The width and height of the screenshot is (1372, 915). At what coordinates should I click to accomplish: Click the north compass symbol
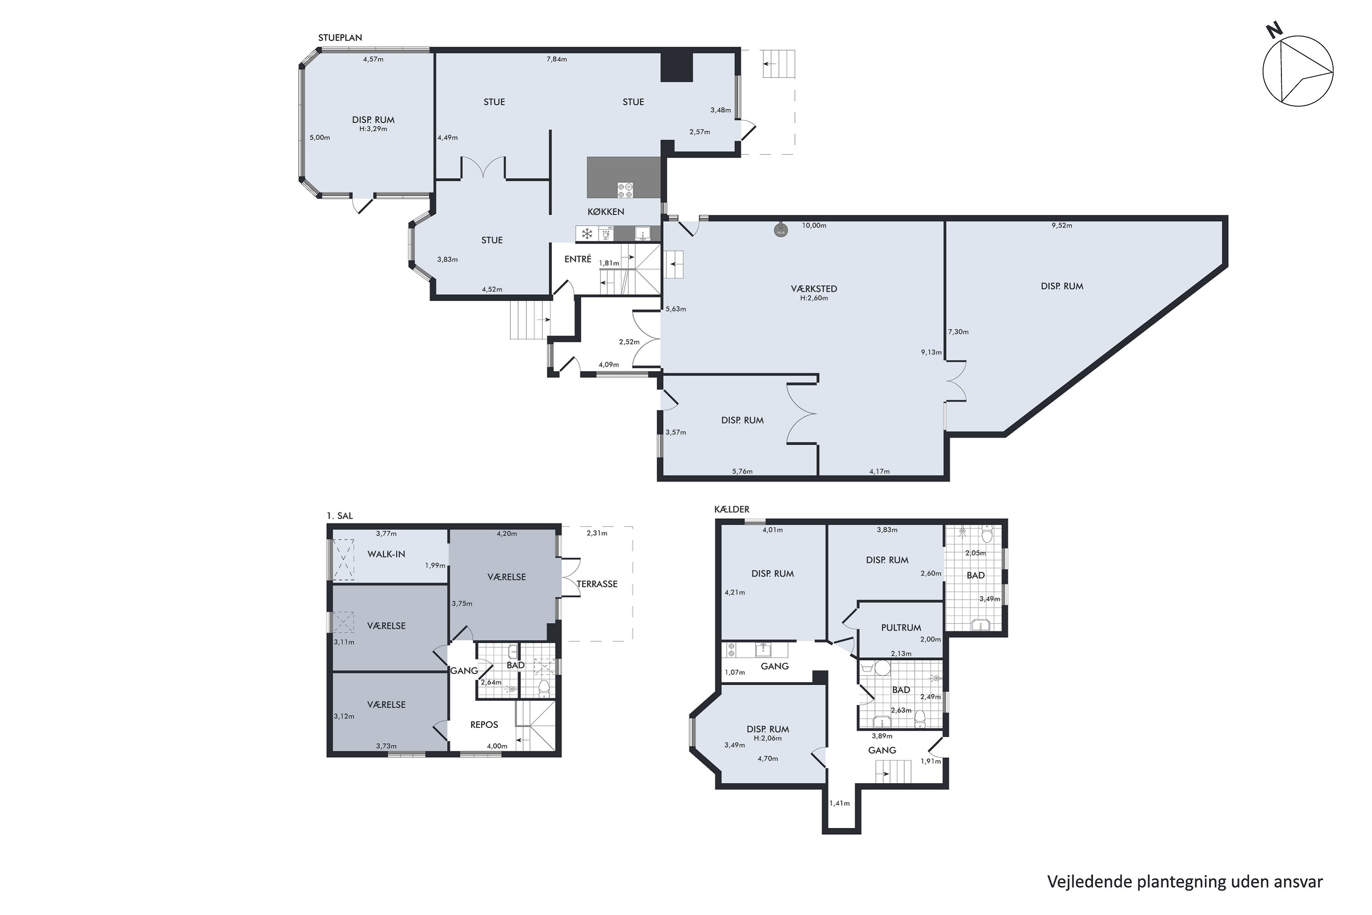click(x=1298, y=70)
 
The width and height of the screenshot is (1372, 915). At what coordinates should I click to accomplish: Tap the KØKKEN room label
click(x=606, y=212)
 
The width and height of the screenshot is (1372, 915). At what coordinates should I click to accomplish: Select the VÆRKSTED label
click(x=814, y=288)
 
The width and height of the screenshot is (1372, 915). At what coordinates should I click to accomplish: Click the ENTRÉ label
click(x=578, y=259)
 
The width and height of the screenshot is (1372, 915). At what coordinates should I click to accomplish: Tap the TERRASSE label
click(x=597, y=584)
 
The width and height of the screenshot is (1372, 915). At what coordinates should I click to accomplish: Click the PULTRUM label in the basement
click(x=901, y=627)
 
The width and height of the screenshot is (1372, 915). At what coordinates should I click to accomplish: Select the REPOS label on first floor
click(x=484, y=724)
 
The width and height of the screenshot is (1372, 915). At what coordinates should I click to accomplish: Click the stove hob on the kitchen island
click(x=625, y=190)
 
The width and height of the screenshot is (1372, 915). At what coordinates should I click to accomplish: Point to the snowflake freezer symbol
click(x=586, y=234)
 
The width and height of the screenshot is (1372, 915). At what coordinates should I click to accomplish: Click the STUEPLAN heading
click(x=340, y=38)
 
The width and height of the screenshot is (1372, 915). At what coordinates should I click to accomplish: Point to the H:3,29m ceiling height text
click(x=373, y=129)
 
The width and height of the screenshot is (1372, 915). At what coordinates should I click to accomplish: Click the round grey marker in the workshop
click(x=781, y=231)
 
